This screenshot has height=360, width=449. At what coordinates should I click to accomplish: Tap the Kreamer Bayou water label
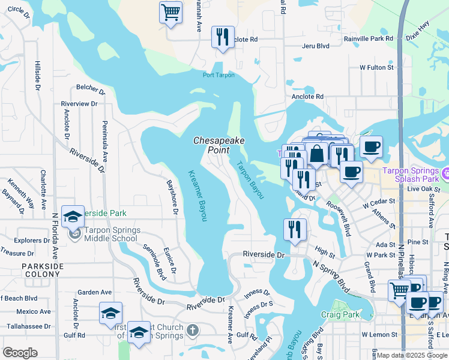[197, 195]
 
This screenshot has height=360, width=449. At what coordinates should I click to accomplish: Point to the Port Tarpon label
[218, 75]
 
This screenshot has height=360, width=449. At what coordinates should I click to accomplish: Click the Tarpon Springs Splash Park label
[417, 175]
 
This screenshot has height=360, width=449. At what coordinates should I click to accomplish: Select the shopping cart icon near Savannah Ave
[171, 12]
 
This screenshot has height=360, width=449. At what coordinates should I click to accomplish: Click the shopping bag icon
[316, 154]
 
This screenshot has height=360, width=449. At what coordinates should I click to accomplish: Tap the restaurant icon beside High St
[295, 229]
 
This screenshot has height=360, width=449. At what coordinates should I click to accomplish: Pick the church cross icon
[192, 330]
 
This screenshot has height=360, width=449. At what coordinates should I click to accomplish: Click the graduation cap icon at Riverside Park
[73, 217]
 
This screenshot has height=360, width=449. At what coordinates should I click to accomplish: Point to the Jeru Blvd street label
[316, 46]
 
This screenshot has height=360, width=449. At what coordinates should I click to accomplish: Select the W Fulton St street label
[376, 68]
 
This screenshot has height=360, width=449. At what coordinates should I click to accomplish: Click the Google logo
[20, 353]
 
